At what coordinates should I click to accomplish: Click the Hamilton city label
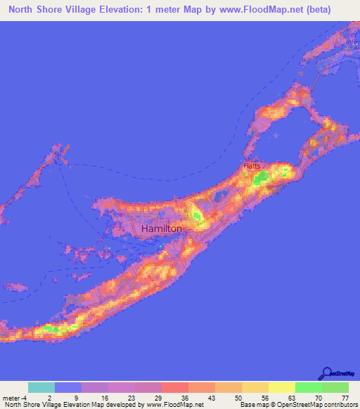[162, 229]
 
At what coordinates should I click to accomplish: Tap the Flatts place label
[252, 166]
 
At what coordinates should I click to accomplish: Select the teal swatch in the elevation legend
[41, 387]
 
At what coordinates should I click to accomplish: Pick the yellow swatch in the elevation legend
[281, 387]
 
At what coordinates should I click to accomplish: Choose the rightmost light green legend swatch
[335, 387]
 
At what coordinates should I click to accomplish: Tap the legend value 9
[76, 397]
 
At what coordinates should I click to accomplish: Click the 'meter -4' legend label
[15, 397]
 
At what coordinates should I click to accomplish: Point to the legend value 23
[129, 397]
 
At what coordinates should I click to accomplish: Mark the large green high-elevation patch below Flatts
[261, 179]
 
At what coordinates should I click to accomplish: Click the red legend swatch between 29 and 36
[174, 387]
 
